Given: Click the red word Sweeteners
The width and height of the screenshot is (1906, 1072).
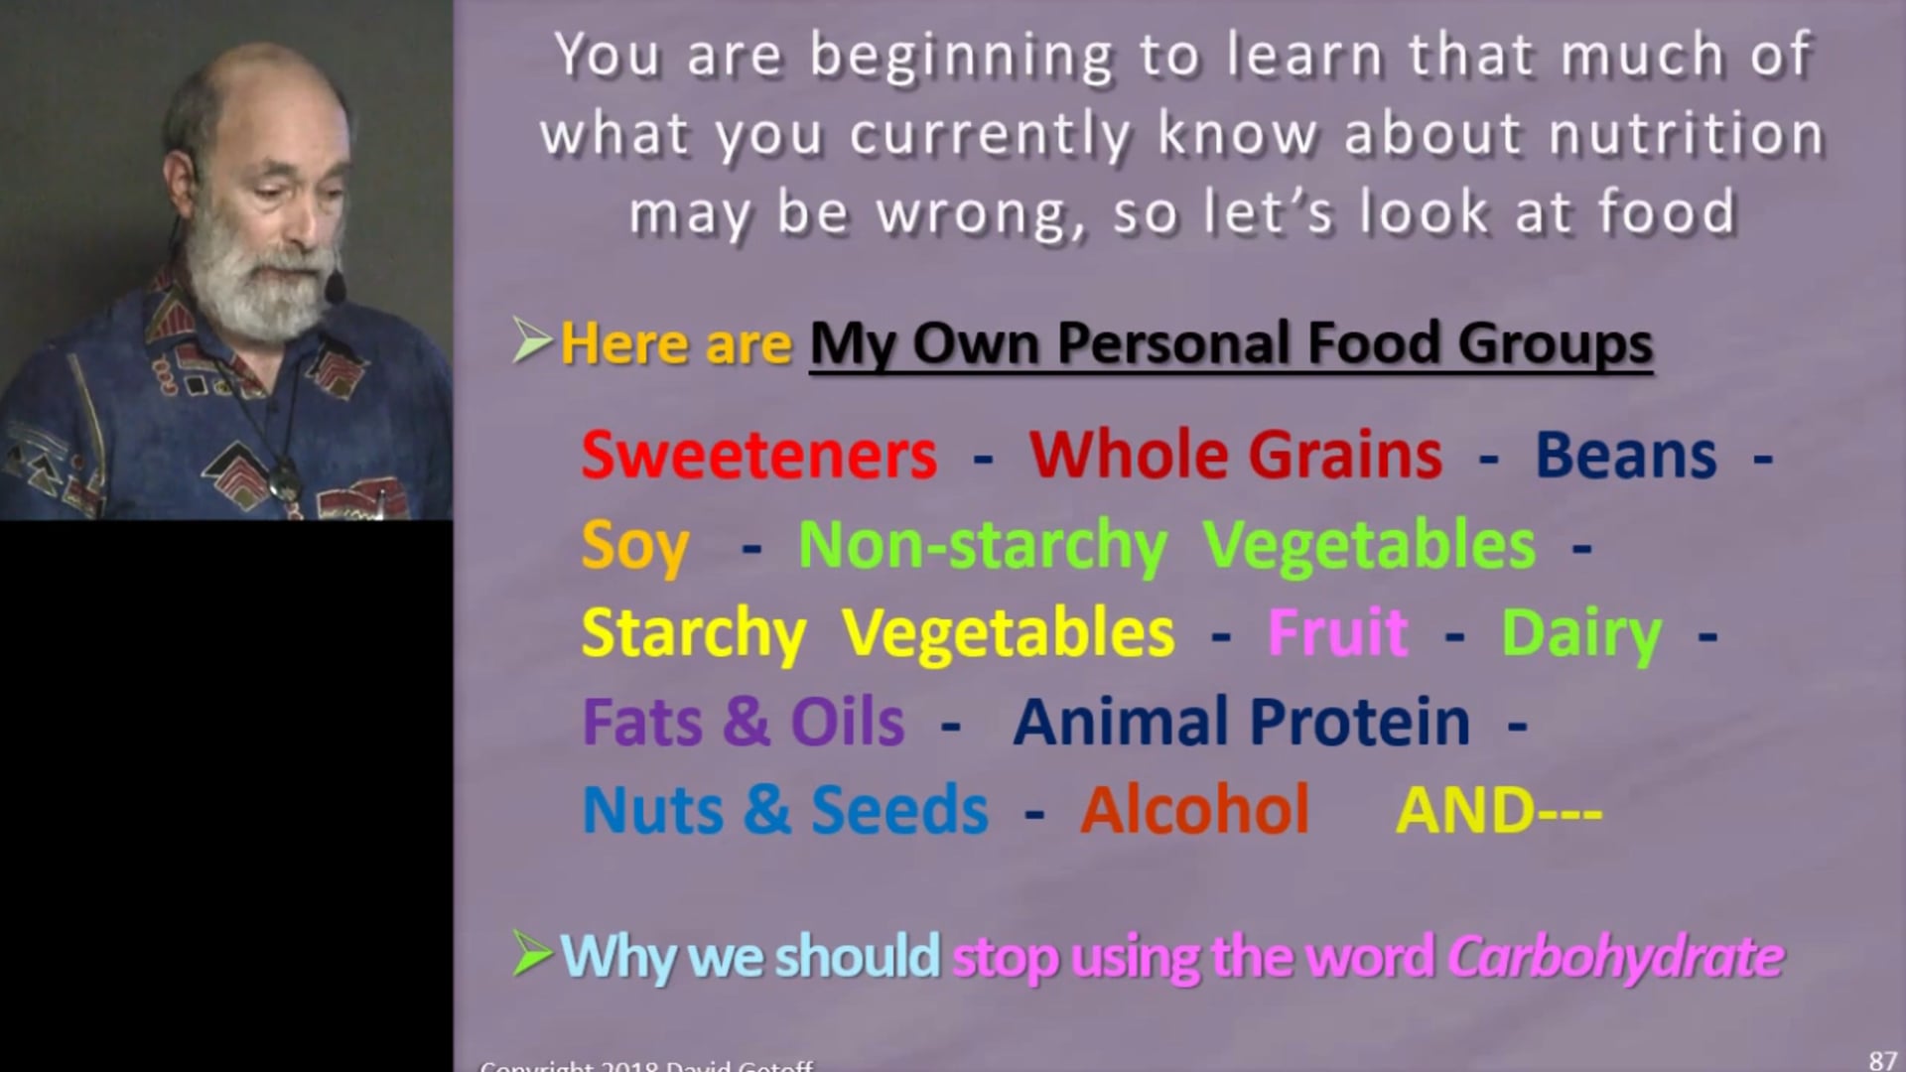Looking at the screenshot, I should tap(758, 455).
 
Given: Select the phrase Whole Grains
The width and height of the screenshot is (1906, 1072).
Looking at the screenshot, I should tap(1236, 455).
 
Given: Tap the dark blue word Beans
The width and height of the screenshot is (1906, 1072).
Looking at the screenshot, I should tap(1625, 455).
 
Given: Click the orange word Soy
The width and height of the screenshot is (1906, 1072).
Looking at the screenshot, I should tap(634, 546).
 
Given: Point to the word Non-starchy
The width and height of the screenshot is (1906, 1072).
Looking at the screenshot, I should tap(983, 546).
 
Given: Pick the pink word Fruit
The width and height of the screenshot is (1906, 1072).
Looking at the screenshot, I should tap(1337, 632).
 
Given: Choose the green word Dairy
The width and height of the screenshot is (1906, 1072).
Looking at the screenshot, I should tap(1581, 633).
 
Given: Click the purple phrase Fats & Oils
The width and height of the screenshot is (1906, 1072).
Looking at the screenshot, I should tap(743, 722).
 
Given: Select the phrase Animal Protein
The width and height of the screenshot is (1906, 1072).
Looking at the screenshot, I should tap(1241, 722).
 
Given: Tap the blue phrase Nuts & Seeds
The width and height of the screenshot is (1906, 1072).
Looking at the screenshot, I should tap(784, 810).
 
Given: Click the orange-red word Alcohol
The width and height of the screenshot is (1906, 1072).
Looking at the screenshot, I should tap(1195, 810).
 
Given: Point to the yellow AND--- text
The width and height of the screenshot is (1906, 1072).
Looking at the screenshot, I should tap(1498, 810).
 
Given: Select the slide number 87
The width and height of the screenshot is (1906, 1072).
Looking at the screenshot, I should tap(1882, 1060).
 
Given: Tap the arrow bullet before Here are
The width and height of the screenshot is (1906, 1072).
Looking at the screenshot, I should tap(532, 342).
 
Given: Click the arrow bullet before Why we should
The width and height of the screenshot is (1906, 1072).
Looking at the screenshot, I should tap(532, 956).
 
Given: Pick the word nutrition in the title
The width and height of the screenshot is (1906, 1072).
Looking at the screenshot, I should tap(1687, 135).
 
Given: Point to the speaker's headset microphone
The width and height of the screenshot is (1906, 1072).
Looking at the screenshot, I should tap(336, 290).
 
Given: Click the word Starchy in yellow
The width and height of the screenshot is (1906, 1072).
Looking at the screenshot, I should tap(693, 633).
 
